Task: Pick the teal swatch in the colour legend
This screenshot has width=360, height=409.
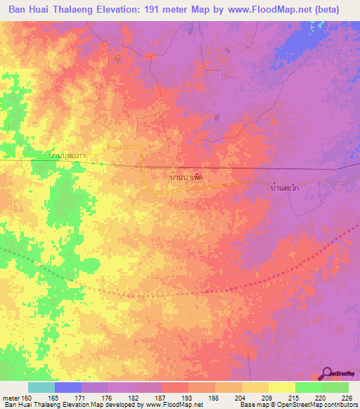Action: click(x=41, y=387)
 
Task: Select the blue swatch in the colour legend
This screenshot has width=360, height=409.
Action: click(x=68, y=387)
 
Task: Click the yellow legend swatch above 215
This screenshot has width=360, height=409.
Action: click(x=281, y=387)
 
